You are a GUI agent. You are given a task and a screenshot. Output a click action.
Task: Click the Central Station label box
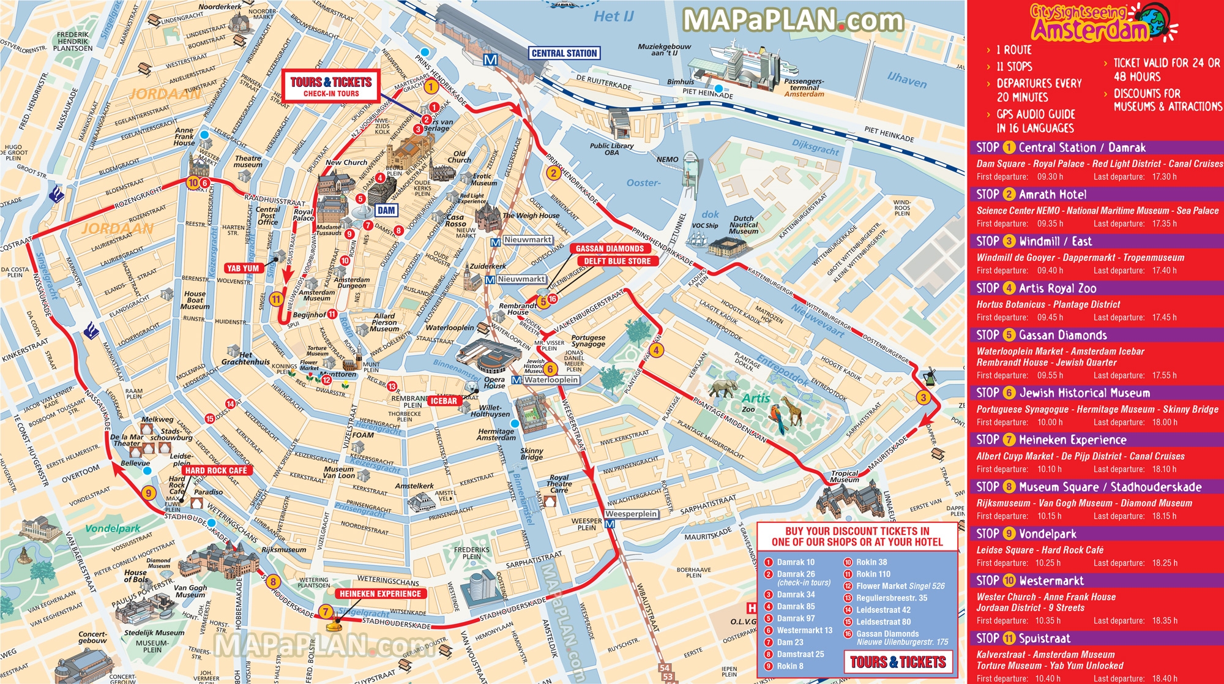pos(564,53)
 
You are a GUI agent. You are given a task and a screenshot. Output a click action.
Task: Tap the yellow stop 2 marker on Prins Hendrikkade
pos(553,173)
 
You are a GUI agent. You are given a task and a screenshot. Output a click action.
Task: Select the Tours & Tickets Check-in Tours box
pos(331,86)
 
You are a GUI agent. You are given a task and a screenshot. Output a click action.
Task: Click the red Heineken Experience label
pos(380,593)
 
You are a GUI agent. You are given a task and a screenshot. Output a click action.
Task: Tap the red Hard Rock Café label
pos(216,470)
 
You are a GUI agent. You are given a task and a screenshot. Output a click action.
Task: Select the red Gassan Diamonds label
pos(610,248)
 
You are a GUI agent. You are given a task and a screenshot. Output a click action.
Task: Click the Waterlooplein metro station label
pos(551,380)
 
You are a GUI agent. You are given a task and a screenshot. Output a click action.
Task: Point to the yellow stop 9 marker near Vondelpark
pos(148,493)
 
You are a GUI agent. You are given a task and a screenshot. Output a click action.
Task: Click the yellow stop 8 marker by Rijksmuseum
pos(273,582)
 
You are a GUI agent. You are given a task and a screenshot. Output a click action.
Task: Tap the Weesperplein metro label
pos(632,514)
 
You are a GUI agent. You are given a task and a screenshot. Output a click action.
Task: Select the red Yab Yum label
pos(243,268)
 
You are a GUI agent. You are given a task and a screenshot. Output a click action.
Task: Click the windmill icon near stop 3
pos(930,376)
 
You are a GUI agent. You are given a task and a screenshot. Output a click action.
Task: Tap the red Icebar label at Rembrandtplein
pos(443,400)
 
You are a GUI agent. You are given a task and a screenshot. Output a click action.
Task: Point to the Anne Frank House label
pos(184,136)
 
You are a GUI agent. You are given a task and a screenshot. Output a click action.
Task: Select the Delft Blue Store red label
pos(617,261)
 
